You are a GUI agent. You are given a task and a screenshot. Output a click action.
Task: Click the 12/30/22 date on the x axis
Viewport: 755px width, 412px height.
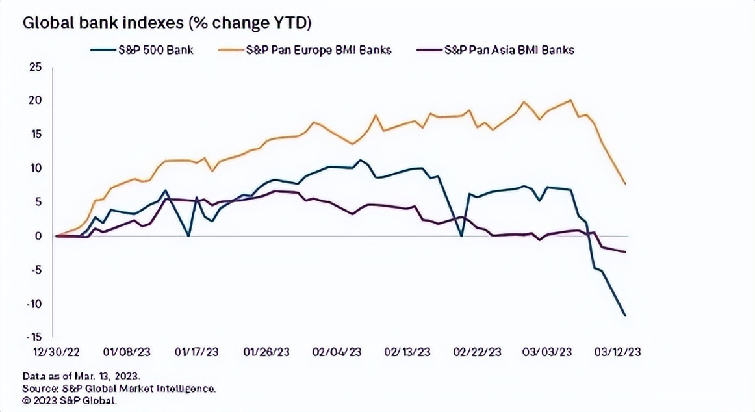tap(57, 352)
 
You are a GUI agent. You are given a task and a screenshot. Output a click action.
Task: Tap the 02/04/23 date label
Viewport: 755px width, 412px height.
tap(337, 352)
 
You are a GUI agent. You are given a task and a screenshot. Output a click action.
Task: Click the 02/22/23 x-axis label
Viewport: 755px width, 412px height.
tap(477, 352)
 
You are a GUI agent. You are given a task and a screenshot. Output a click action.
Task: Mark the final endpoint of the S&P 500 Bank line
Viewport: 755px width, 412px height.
tap(625, 316)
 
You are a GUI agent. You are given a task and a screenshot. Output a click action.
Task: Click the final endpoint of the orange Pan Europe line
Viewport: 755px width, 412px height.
tap(625, 184)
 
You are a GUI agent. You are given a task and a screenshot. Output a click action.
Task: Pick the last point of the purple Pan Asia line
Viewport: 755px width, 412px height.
tap(625, 252)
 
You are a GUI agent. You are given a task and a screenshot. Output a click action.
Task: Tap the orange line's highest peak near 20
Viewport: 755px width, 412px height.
tap(570, 100)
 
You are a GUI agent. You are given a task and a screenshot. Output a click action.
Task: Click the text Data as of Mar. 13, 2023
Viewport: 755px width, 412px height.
tap(82, 376)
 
